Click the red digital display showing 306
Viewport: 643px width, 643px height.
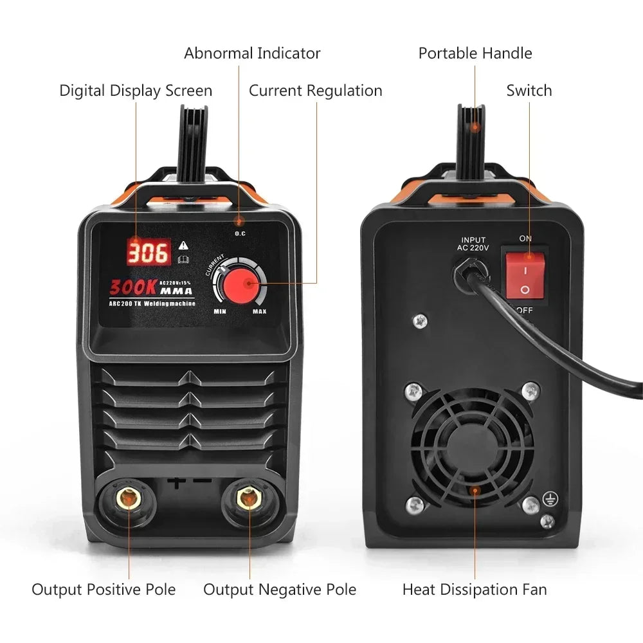pos(149,252)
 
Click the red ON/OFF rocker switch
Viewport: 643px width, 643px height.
pos(525,275)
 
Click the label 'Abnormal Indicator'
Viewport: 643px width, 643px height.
pos(252,53)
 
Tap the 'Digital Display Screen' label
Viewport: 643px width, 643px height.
pos(136,91)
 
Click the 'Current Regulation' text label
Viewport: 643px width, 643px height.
pos(315,91)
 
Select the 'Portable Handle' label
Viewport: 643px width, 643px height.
pos(475,53)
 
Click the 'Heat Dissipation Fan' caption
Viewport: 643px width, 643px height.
pos(475,589)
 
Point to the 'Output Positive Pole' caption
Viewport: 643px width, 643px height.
pos(104,589)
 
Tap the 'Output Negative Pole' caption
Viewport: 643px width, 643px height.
pos(280,589)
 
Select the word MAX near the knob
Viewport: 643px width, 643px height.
pos(259,312)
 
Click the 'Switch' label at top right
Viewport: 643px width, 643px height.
pos(529,91)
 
